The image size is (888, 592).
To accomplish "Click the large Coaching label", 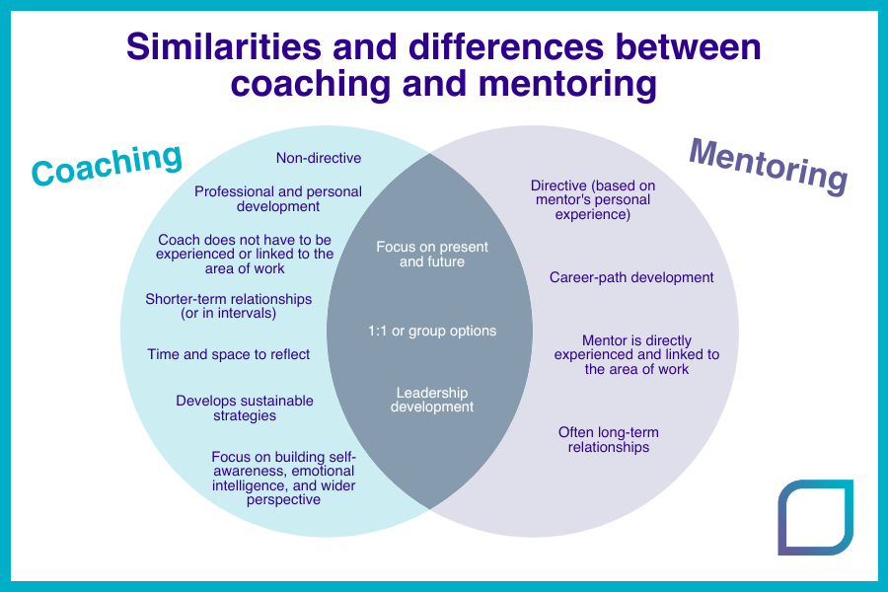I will click(107, 163).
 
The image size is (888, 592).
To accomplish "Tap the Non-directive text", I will click(319, 158).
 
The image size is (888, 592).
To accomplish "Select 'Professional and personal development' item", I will click(278, 199).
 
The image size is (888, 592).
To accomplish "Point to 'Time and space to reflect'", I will click(229, 354).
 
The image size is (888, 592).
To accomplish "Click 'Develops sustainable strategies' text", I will click(245, 407).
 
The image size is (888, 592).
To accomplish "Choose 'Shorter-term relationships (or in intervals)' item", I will click(229, 306).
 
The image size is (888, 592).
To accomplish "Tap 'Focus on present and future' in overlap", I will click(432, 255).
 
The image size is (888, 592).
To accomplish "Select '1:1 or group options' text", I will click(432, 331).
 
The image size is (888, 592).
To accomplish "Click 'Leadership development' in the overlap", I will click(432, 400).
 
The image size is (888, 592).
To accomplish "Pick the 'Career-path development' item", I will click(631, 277).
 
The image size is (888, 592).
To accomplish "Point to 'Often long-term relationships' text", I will click(609, 440).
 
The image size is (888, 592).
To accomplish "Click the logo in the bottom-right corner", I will click(815, 517).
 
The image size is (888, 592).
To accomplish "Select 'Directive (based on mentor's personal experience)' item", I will click(593, 199).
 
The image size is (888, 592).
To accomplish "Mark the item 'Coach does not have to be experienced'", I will click(245, 254).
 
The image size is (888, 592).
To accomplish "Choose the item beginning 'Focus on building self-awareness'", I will click(283, 478).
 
